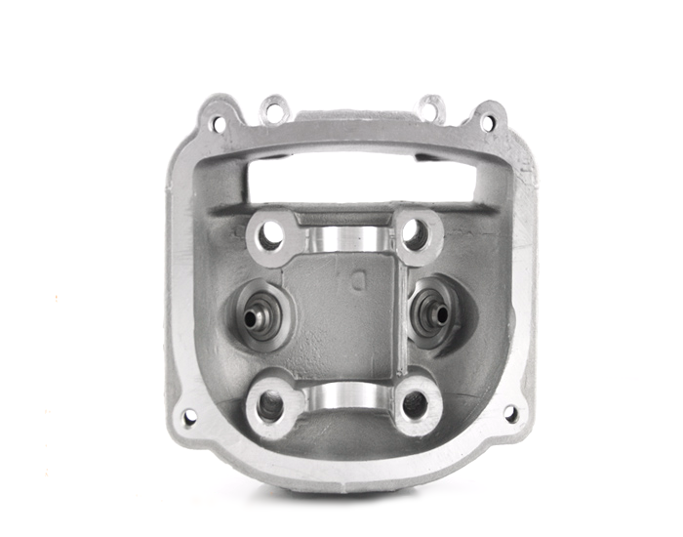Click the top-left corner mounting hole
click(x=217, y=124)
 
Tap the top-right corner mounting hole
click(x=486, y=124)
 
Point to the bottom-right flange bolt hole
click(x=510, y=414)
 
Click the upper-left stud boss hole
click(x=271, y=234)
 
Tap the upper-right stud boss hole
click(x=415, y=233)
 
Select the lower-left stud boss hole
click(x=270, y=403)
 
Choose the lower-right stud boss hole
click(x=416, y=403)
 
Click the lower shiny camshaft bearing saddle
click(x=343, y=395)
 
